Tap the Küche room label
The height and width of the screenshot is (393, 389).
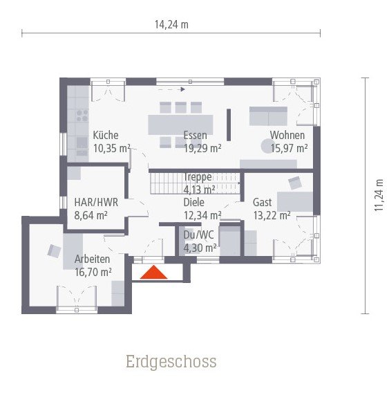[x=106, y=136]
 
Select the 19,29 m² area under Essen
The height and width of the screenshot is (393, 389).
[x=202, y=148]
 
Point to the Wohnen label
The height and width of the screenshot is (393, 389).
[x=287, y=136]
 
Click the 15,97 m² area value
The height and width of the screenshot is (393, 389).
[x=288, y=148]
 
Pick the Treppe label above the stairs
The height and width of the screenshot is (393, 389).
[x=198, y=177]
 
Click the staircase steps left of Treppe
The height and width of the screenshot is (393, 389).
[x=165, y=183]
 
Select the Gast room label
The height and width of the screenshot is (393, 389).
[x=262, y=203]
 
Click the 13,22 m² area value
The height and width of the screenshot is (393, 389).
[x=272, y=215]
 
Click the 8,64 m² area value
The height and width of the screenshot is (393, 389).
[x=91, y=215]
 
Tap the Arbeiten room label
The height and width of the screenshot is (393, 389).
[x=93, y=260]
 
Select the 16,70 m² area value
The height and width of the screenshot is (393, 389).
[x=93, y=273]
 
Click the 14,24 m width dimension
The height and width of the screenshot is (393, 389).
[x=171, y=24]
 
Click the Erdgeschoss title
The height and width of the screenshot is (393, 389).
[x=171, y=361]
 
